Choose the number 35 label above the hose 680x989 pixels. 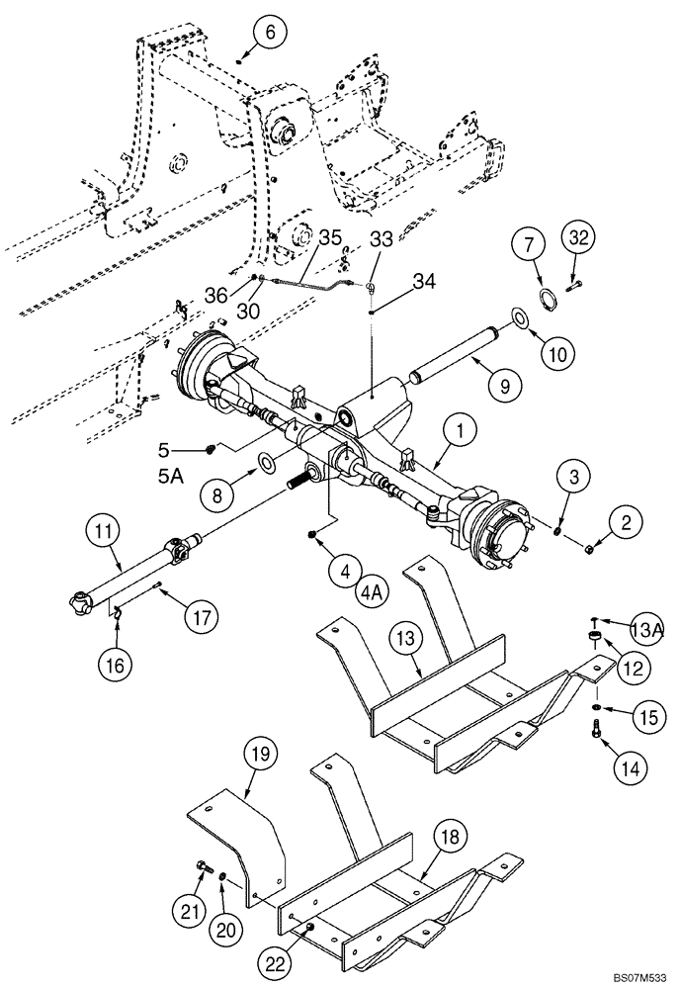tap(329, 237)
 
